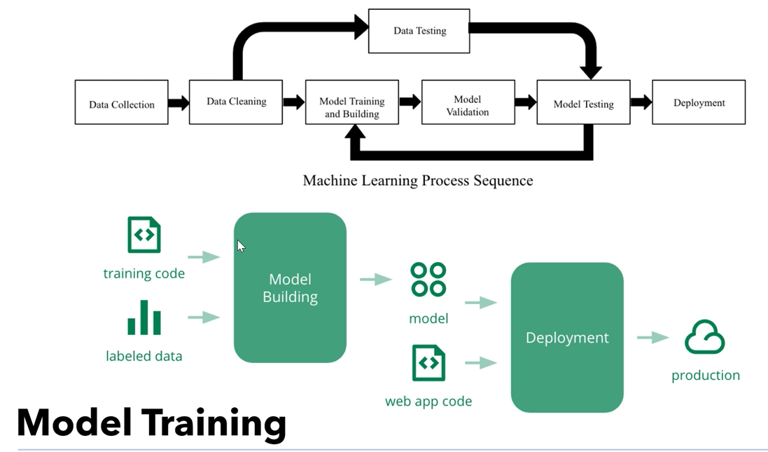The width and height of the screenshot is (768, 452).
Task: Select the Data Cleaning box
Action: tap(236, 102)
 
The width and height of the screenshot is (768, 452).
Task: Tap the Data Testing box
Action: tap(419, 31)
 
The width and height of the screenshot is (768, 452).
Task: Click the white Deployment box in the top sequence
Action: tap(698, 102)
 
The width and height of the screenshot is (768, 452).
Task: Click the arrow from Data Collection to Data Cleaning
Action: tap(179, 103)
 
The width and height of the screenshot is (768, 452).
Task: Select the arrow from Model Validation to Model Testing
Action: tap(525, 102)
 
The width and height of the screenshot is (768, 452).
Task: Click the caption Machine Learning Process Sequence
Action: tap(417, 181)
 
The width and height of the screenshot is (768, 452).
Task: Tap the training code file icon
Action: tap(144, 235)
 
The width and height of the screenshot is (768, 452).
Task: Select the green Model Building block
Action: tap(290, 288)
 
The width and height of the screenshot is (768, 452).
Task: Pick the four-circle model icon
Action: tap(428, 280)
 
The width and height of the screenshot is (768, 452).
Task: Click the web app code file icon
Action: tap(428, 363)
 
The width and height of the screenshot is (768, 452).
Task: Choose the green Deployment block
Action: tap(567, 337)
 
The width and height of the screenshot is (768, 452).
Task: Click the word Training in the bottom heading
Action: tap(214, 423)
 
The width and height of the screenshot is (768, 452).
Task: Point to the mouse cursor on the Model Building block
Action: tap(241, 246)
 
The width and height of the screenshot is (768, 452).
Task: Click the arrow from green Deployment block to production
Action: tap(652, 338)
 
